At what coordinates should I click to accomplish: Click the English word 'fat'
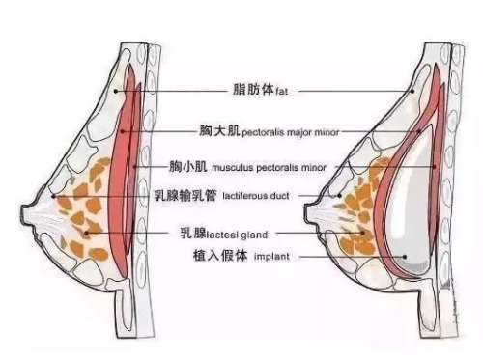282,92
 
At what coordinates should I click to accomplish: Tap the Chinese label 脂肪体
253,89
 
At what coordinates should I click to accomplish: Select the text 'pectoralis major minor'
291,132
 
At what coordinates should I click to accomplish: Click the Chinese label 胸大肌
219,130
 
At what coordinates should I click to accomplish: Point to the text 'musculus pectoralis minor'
270,168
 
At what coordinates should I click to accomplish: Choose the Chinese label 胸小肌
188,166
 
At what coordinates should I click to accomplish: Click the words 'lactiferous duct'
256,196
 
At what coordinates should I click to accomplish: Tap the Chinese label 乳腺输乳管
185,195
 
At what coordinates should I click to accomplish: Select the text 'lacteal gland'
237,235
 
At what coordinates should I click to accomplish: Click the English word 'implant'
271,257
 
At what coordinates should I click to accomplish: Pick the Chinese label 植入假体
220,256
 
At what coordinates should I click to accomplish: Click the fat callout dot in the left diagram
116,92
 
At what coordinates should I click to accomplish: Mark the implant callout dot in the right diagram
405,257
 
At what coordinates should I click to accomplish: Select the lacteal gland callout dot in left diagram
86,233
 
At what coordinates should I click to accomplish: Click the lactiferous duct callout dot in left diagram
54,196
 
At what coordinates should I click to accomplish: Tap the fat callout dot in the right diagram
412,92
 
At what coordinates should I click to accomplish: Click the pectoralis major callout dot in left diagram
123,131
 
